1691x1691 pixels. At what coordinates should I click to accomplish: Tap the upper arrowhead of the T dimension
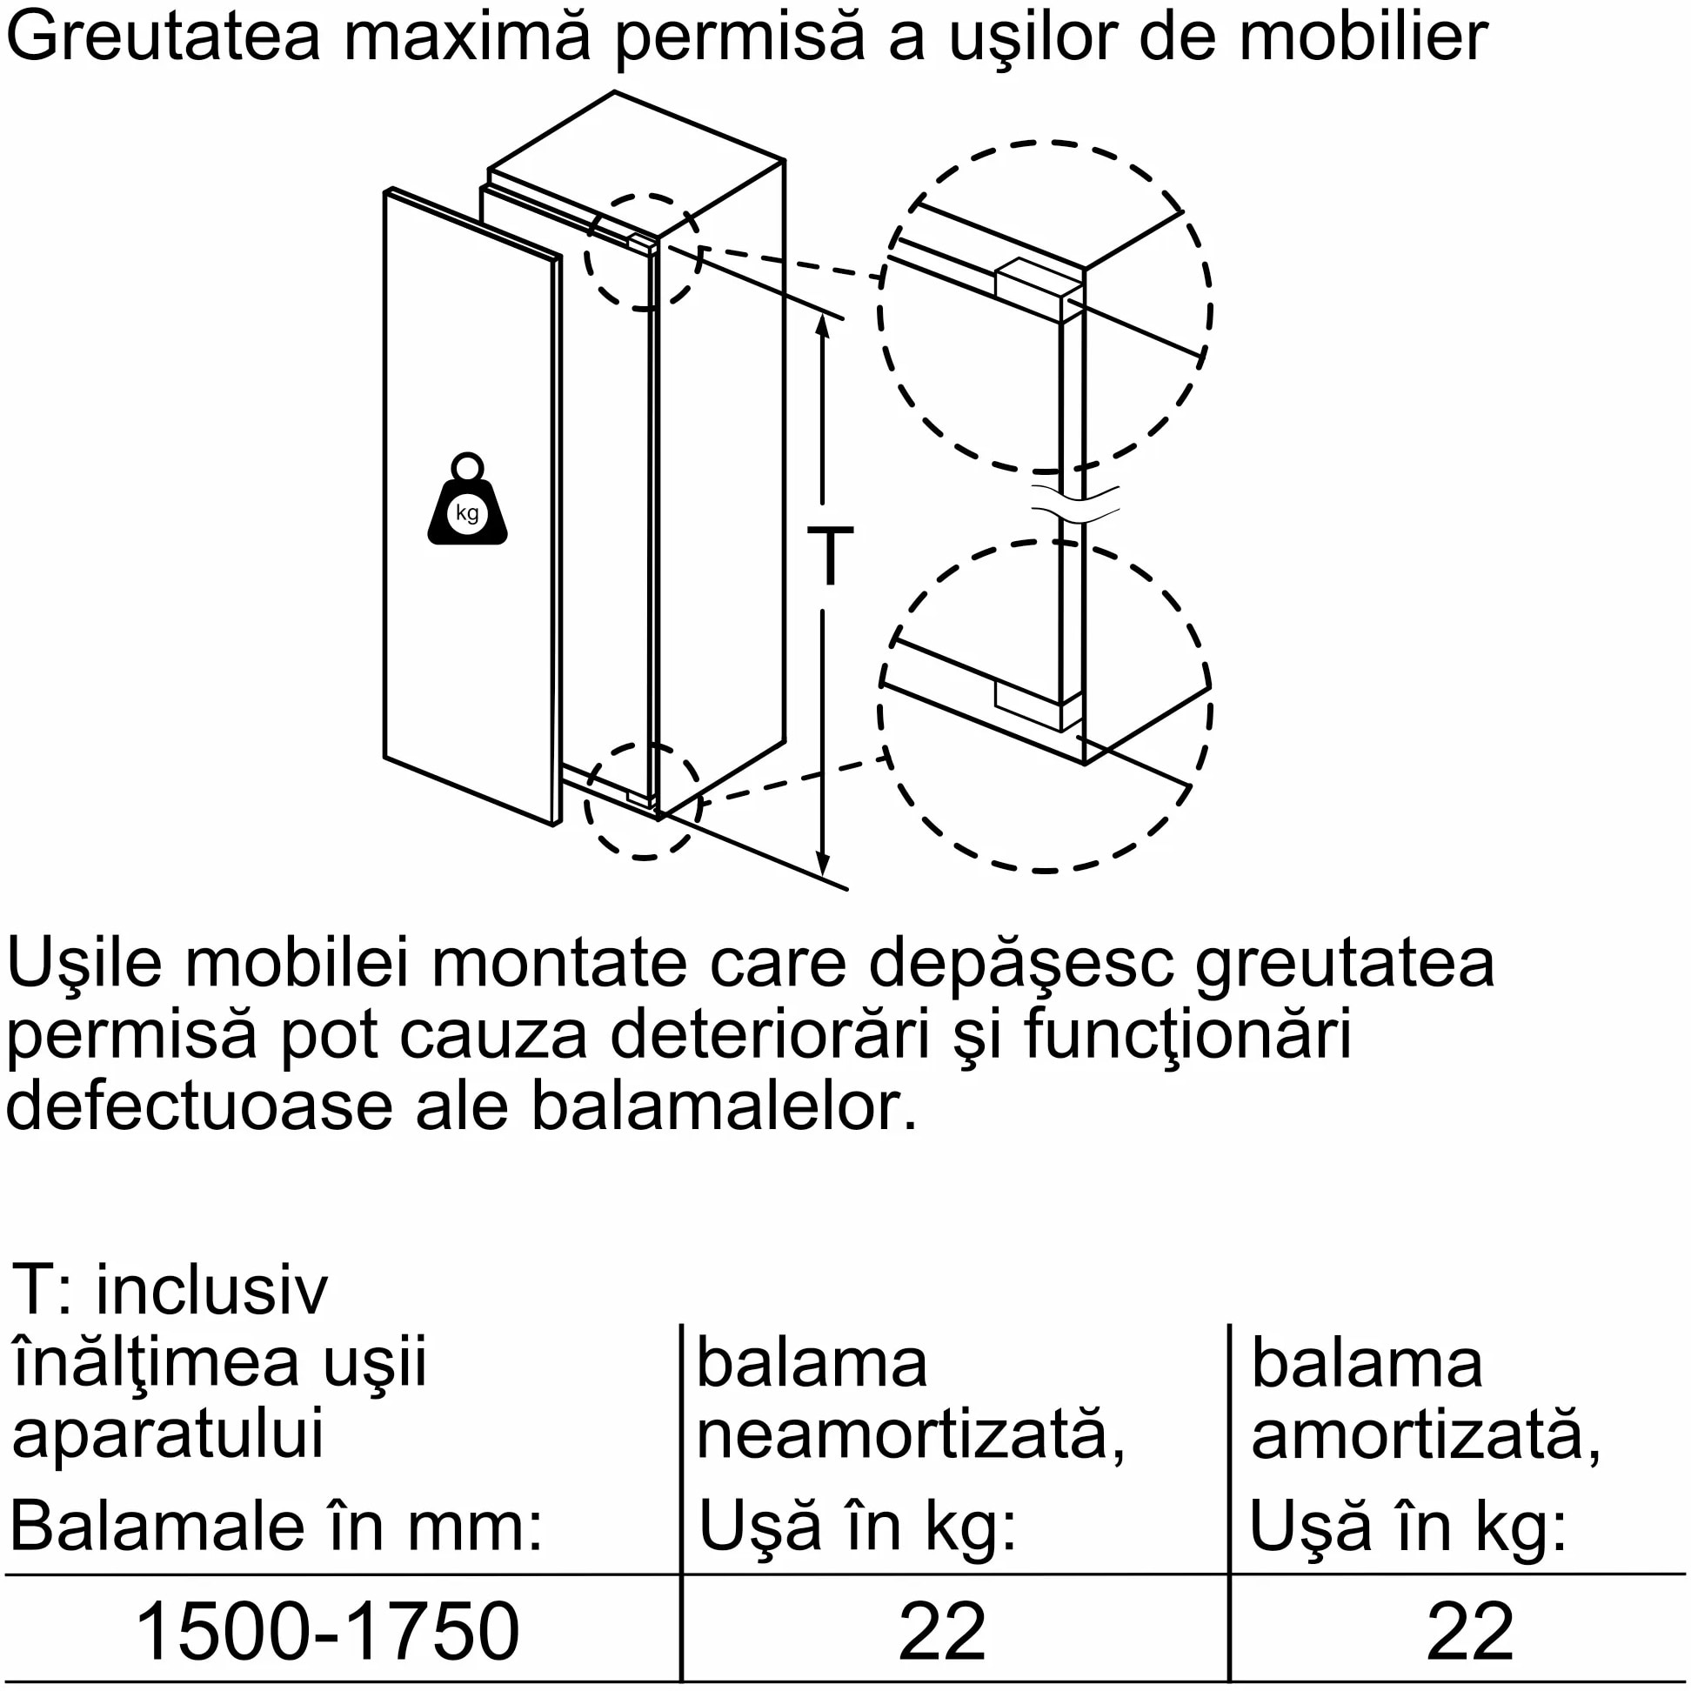tap(823, 324)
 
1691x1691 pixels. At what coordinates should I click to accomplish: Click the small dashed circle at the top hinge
tap(644, 252)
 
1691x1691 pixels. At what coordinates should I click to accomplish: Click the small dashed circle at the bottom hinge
tap(644, 801)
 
